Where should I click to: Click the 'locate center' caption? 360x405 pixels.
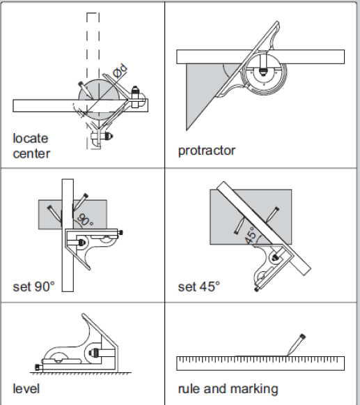point(31,146)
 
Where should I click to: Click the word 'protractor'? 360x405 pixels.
point(207,151)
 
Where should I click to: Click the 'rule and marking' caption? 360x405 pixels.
point(228,388)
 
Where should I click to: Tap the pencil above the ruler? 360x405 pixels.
point(294,344)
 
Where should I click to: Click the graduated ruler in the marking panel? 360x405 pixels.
point(260,362)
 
